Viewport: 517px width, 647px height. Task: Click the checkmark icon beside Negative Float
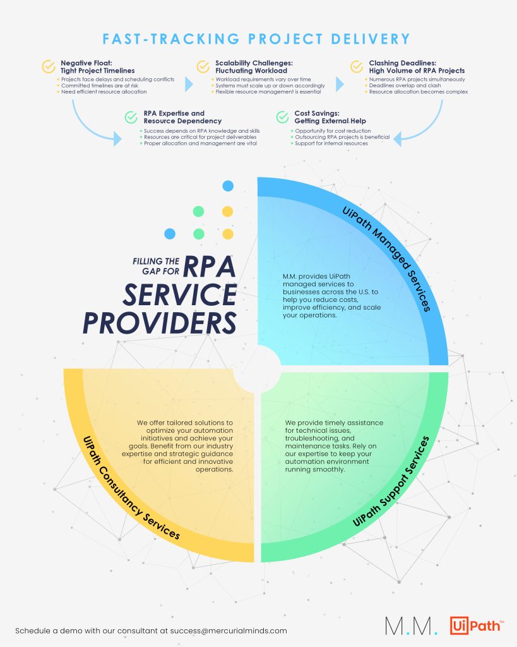point(49,66)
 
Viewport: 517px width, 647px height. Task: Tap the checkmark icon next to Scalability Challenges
point(203,66)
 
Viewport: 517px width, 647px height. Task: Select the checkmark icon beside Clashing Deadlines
point(357,66)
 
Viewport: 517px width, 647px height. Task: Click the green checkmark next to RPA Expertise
point(131,117)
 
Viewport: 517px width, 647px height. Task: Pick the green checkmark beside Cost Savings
point(282,117)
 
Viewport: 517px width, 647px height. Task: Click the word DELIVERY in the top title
point(370,39)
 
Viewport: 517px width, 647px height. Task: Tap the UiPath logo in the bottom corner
point(477,626)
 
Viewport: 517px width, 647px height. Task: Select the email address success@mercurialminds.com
point(229,631)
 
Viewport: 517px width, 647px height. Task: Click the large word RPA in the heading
point(209,267)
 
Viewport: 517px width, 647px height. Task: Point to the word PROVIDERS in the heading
point(160,323)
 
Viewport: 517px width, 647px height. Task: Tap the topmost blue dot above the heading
point(228,186)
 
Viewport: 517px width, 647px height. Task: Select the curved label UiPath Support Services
point(391,481)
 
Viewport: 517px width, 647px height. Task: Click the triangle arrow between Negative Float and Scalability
point(189,84)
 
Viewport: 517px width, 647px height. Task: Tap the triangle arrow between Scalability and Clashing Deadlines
point(340,84)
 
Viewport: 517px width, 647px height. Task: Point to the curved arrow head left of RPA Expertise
point(117,139)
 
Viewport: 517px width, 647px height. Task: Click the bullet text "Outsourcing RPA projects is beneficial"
point(342,137)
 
